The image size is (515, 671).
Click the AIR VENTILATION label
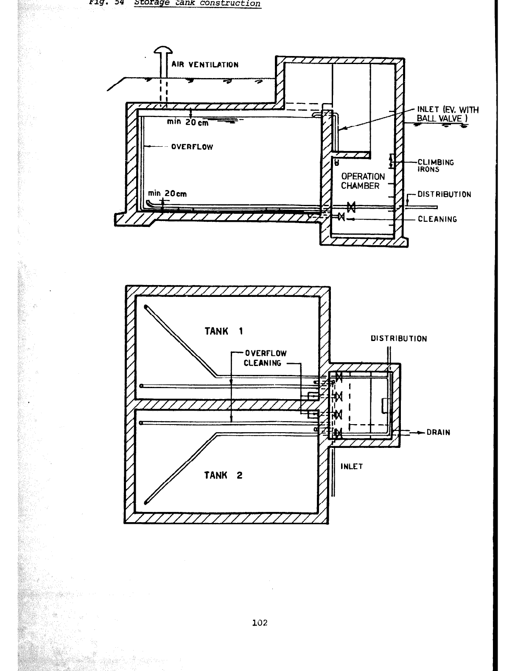(205, 65)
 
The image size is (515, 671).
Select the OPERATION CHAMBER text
(363, 181)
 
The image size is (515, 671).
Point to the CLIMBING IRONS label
(436, 166)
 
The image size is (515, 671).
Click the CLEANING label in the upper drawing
(437, 219)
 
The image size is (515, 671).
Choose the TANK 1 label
(224, 331)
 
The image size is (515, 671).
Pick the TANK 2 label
(223, 475)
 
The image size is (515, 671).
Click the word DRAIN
(438, 433)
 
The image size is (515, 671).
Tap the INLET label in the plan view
(352, 467)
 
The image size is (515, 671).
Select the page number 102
(260, 623)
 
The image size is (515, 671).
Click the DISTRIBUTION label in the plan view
(399, 339)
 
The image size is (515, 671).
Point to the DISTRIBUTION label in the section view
(444, 195)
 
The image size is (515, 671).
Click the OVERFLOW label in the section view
(192, 147)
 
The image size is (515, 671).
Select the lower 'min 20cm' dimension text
(167, 194)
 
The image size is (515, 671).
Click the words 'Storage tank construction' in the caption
(197, 3)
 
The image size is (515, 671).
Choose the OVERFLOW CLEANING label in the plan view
(265, 358)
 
